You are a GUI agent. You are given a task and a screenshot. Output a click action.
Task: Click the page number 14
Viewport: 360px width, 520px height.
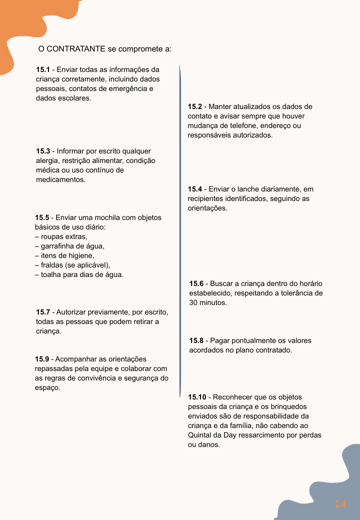pos(340,504)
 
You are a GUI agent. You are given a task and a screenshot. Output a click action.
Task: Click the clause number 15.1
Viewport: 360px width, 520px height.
pos(43,69)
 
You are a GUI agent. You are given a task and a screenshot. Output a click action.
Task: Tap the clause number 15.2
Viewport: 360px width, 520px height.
pos(194,106)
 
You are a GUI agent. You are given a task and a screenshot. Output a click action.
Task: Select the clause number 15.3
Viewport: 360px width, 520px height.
pos(43,151)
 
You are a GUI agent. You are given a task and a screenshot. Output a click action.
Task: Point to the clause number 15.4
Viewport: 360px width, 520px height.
pos(194,189)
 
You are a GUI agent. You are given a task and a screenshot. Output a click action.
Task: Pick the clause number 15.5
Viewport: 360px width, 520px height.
pos(42,217)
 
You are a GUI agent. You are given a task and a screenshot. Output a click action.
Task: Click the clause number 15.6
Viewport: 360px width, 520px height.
pos(196,283)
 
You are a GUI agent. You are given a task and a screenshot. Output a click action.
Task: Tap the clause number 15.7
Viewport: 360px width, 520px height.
pos(43,312)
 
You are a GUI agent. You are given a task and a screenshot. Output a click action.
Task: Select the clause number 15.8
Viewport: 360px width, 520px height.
pos(196,340)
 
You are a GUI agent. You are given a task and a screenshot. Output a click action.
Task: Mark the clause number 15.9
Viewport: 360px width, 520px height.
pos(42,359)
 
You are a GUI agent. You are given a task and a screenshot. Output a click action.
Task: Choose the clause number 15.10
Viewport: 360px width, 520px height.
pos(196,397)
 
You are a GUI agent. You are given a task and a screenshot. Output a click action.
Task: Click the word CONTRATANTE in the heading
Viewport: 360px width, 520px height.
pos(75,49)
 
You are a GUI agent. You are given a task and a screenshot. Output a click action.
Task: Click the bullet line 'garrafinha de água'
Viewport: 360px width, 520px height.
pos(69,246)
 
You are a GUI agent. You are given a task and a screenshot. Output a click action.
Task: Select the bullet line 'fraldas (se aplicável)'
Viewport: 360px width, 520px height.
pos(72,265)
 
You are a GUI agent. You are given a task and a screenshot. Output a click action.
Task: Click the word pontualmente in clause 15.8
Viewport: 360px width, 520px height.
pos(254,340)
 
